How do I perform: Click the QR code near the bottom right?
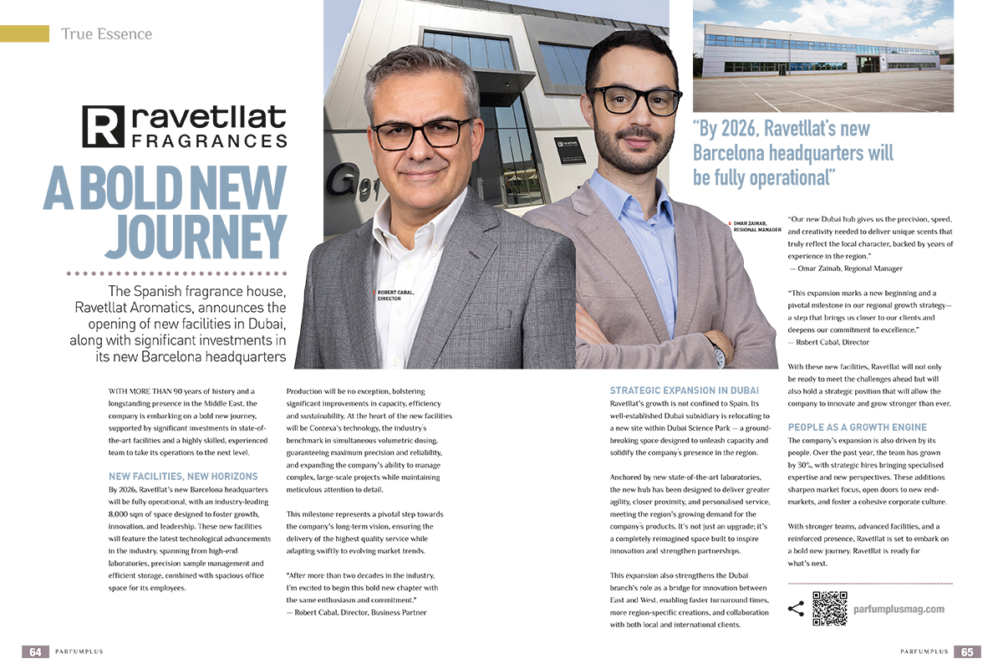(x=830, y=609)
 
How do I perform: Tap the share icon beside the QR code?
(x=796, y=609)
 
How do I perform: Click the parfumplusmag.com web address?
(x=899, y=610)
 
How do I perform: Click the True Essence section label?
(x=106, y=34)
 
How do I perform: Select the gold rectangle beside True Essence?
(x=24, y=33)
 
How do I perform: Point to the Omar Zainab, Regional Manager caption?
(x=756, y=227)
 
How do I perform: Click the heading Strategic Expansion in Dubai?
(x=684, y=391)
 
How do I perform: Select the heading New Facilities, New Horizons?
(x=183, y=476)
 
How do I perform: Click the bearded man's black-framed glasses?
(x=630, y=98)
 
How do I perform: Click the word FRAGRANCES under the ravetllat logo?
(x=209, y=141)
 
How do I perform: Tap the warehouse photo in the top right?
(x=822, y=56)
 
